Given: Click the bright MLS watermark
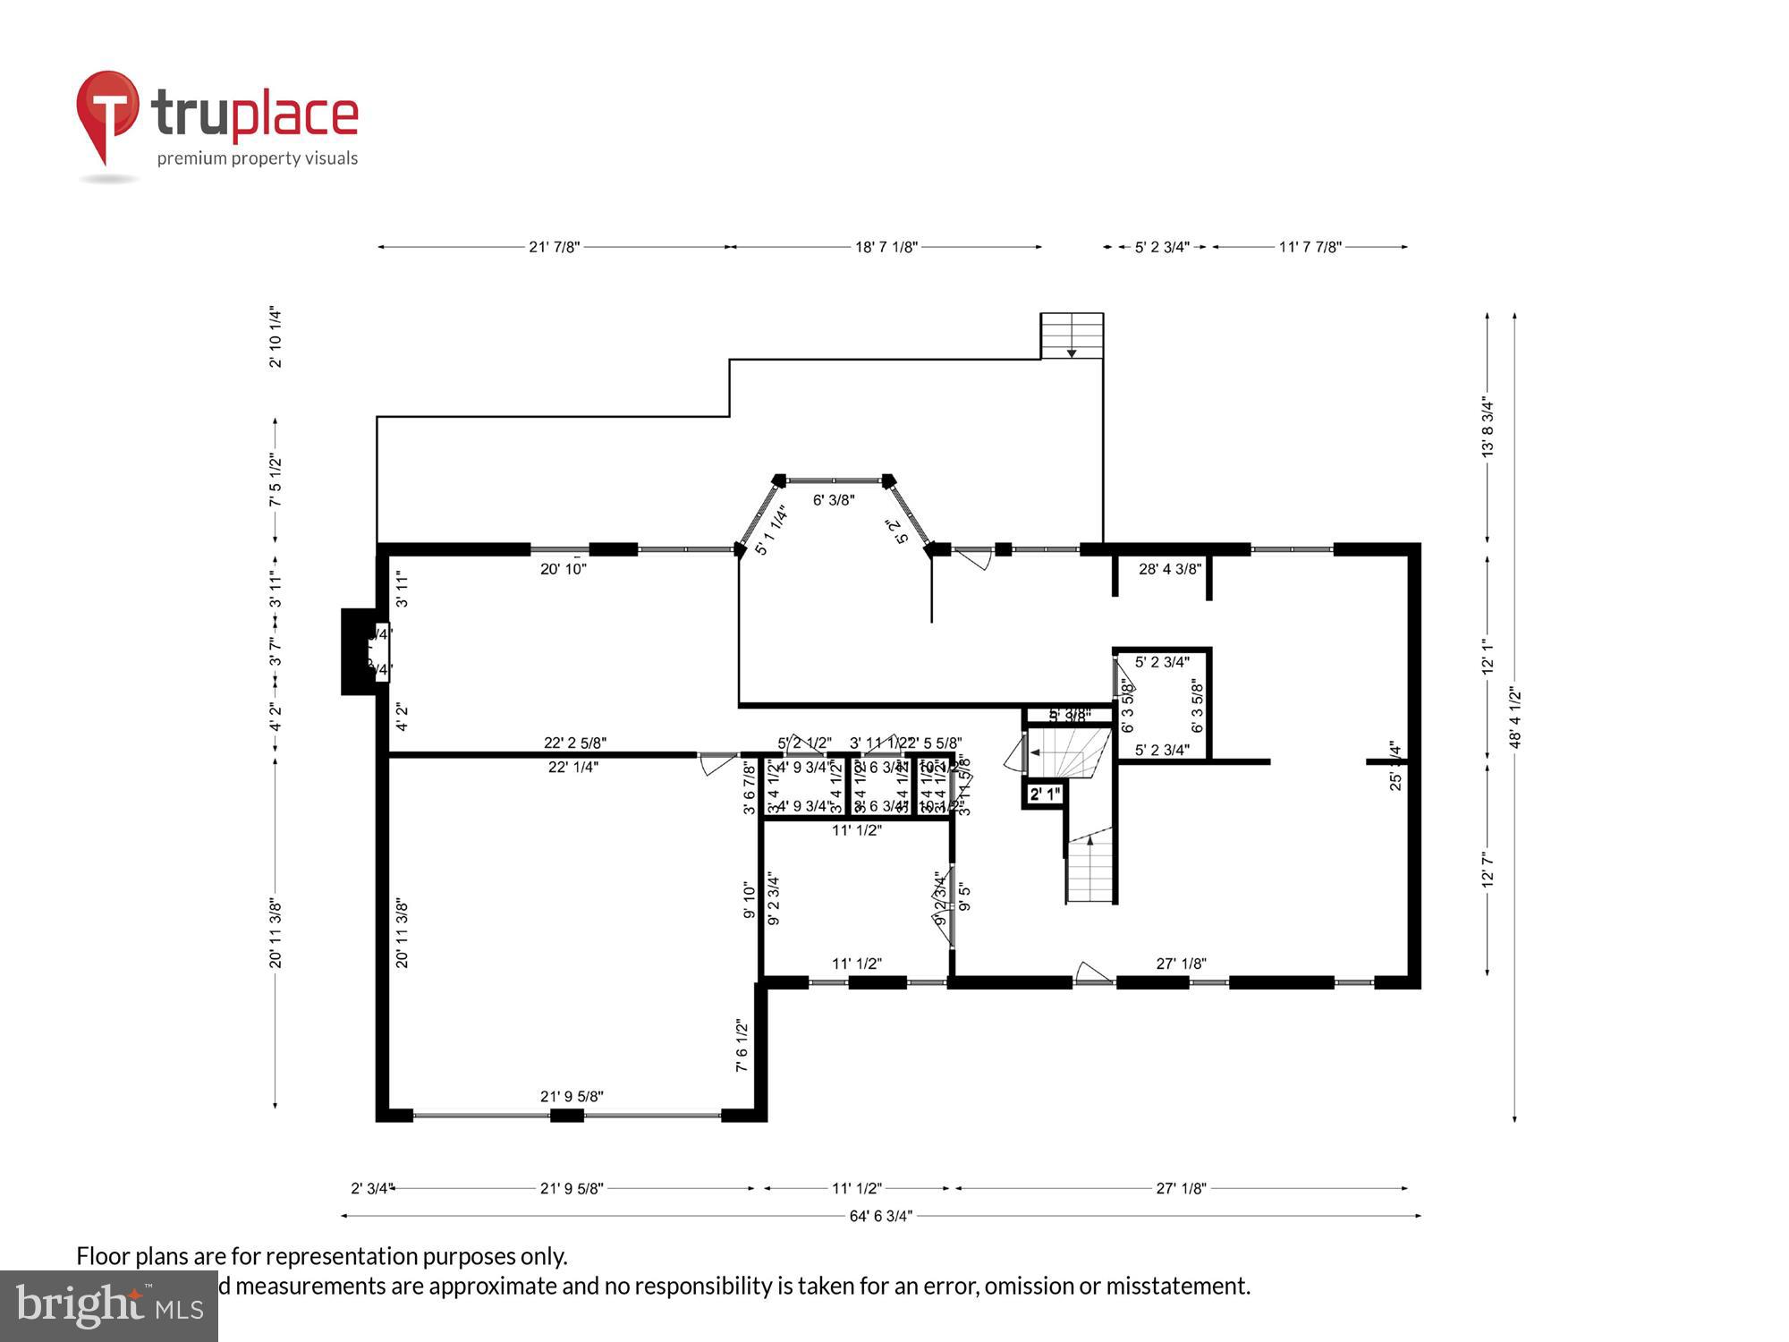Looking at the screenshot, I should (108, 1305).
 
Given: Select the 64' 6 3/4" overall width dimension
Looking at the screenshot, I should (880, 1216).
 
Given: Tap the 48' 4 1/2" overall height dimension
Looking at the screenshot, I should (1514, 718).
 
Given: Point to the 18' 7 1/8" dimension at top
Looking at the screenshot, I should (886, 247).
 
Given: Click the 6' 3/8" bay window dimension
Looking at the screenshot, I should (833, 500).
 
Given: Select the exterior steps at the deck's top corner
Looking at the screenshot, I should (1072, 336).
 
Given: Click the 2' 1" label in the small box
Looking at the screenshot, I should (1044, 794).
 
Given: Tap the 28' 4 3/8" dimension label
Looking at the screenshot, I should (1169, 568).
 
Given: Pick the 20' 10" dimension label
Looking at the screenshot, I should (563, 568).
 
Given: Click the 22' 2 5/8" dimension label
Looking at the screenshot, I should (575, 743).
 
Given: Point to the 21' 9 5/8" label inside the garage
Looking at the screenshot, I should (572, 1096).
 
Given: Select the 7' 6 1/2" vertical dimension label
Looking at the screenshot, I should (742, 1045).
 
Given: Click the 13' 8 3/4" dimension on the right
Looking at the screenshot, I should (1488, 428).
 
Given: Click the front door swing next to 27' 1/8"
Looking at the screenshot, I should (1091, 973).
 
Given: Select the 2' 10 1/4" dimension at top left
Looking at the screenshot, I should (276, 337).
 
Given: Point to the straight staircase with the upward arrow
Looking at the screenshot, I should (1090, 868).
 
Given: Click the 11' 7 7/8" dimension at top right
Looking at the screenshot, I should (1310, 247).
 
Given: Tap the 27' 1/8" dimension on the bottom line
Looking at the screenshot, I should (1181, 1188).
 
